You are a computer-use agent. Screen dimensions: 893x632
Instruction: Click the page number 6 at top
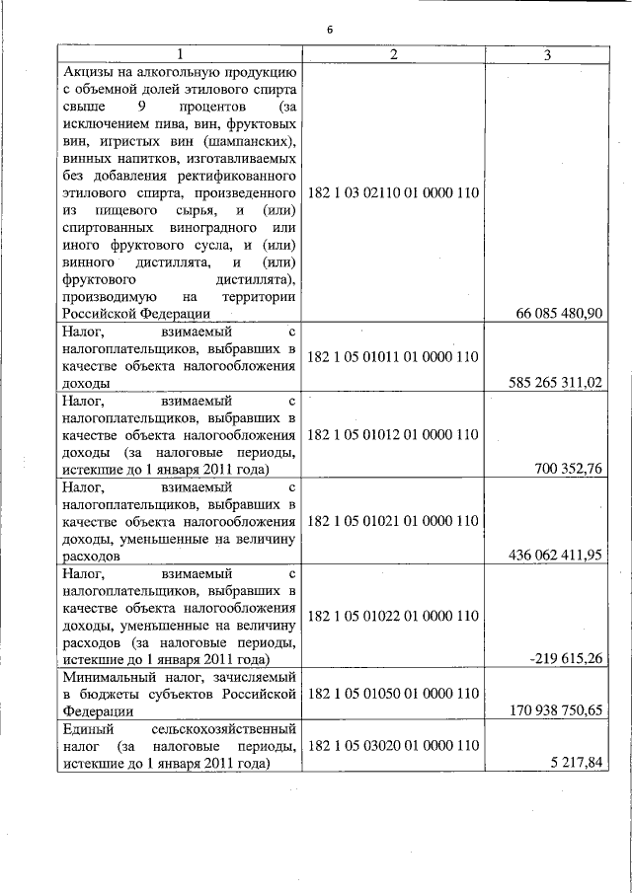[331, 31]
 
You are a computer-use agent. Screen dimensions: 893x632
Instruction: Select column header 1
[179, 54]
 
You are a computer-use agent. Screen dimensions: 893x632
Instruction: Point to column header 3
[547, 54]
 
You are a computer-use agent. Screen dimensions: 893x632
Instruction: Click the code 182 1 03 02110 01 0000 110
[393, 192]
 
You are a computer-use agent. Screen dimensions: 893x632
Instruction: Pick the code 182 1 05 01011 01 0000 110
[393, 356]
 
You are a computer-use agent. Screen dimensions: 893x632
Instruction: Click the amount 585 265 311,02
[554, 382]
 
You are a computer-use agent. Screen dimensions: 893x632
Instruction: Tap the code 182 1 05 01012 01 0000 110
[393, 433]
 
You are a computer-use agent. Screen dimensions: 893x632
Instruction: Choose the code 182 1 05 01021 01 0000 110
[393, 520]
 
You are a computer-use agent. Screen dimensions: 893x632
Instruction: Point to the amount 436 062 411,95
[554, 555]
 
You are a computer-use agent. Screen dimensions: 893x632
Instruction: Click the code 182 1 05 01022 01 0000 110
[393, 616]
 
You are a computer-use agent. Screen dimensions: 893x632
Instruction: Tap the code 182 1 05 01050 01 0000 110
[393, 693]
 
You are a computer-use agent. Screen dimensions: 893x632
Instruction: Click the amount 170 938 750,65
[554, 709]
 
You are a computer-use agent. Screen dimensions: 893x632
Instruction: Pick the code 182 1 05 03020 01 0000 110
[393, 745]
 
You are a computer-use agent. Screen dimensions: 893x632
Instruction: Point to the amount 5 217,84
[580, 762]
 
